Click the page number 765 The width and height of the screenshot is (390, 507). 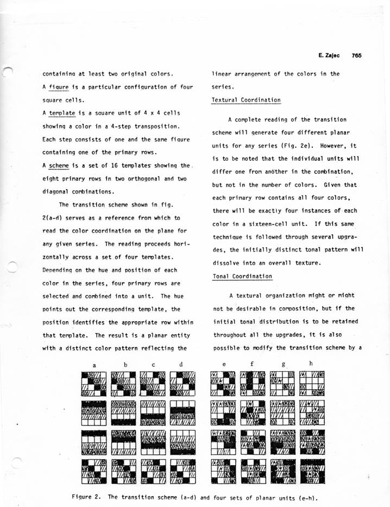coord(356,55)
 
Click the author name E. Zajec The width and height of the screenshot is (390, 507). coord(329,55)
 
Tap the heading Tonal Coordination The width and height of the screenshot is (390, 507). coord(242,276)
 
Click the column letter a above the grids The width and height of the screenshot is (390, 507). coord(95,365)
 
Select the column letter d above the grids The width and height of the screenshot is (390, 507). coord(181,365)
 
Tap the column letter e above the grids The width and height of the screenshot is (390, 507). coord(224,365)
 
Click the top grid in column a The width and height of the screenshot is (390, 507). coord(95,384)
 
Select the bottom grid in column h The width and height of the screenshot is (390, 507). coord(312,471)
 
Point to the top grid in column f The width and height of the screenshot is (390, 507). coord(253,384)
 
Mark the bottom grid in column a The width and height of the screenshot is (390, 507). coord(95,471)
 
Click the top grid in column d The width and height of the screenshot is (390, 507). coord(182,384)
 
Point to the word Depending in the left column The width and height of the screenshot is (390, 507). coord(59,270)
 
